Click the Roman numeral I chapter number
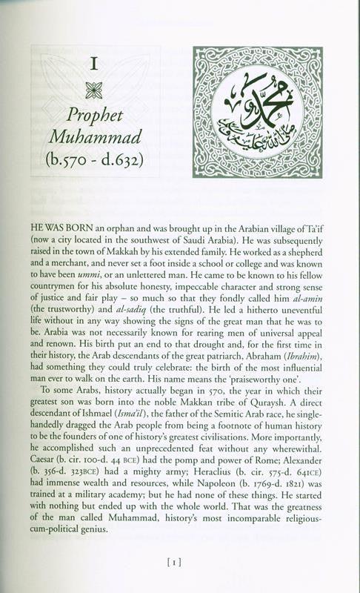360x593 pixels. [x=94, y=64]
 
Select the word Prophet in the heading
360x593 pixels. [x=94, y=115]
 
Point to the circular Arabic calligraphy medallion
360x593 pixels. [x=257, y=113]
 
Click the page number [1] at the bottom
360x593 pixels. [x=180, y=562]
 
